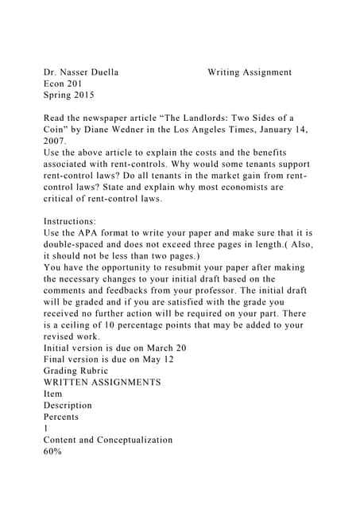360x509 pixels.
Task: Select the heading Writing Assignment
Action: pyautogui.click(x=249, y=72)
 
